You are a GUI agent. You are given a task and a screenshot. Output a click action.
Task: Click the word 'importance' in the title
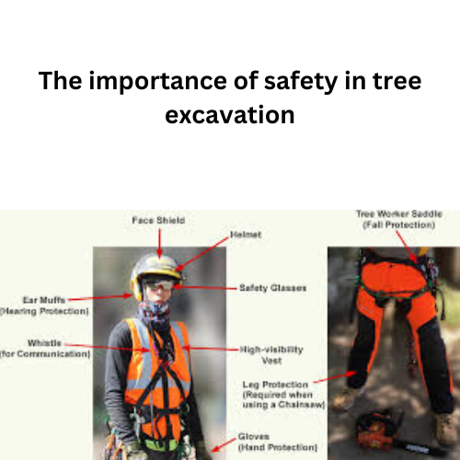coord(155,81)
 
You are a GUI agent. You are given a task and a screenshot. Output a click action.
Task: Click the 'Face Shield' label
coord(158,221)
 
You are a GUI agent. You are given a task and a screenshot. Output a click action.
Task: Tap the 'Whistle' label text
coord(45,342)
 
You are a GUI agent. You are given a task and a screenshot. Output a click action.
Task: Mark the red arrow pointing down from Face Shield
coord(158,241)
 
